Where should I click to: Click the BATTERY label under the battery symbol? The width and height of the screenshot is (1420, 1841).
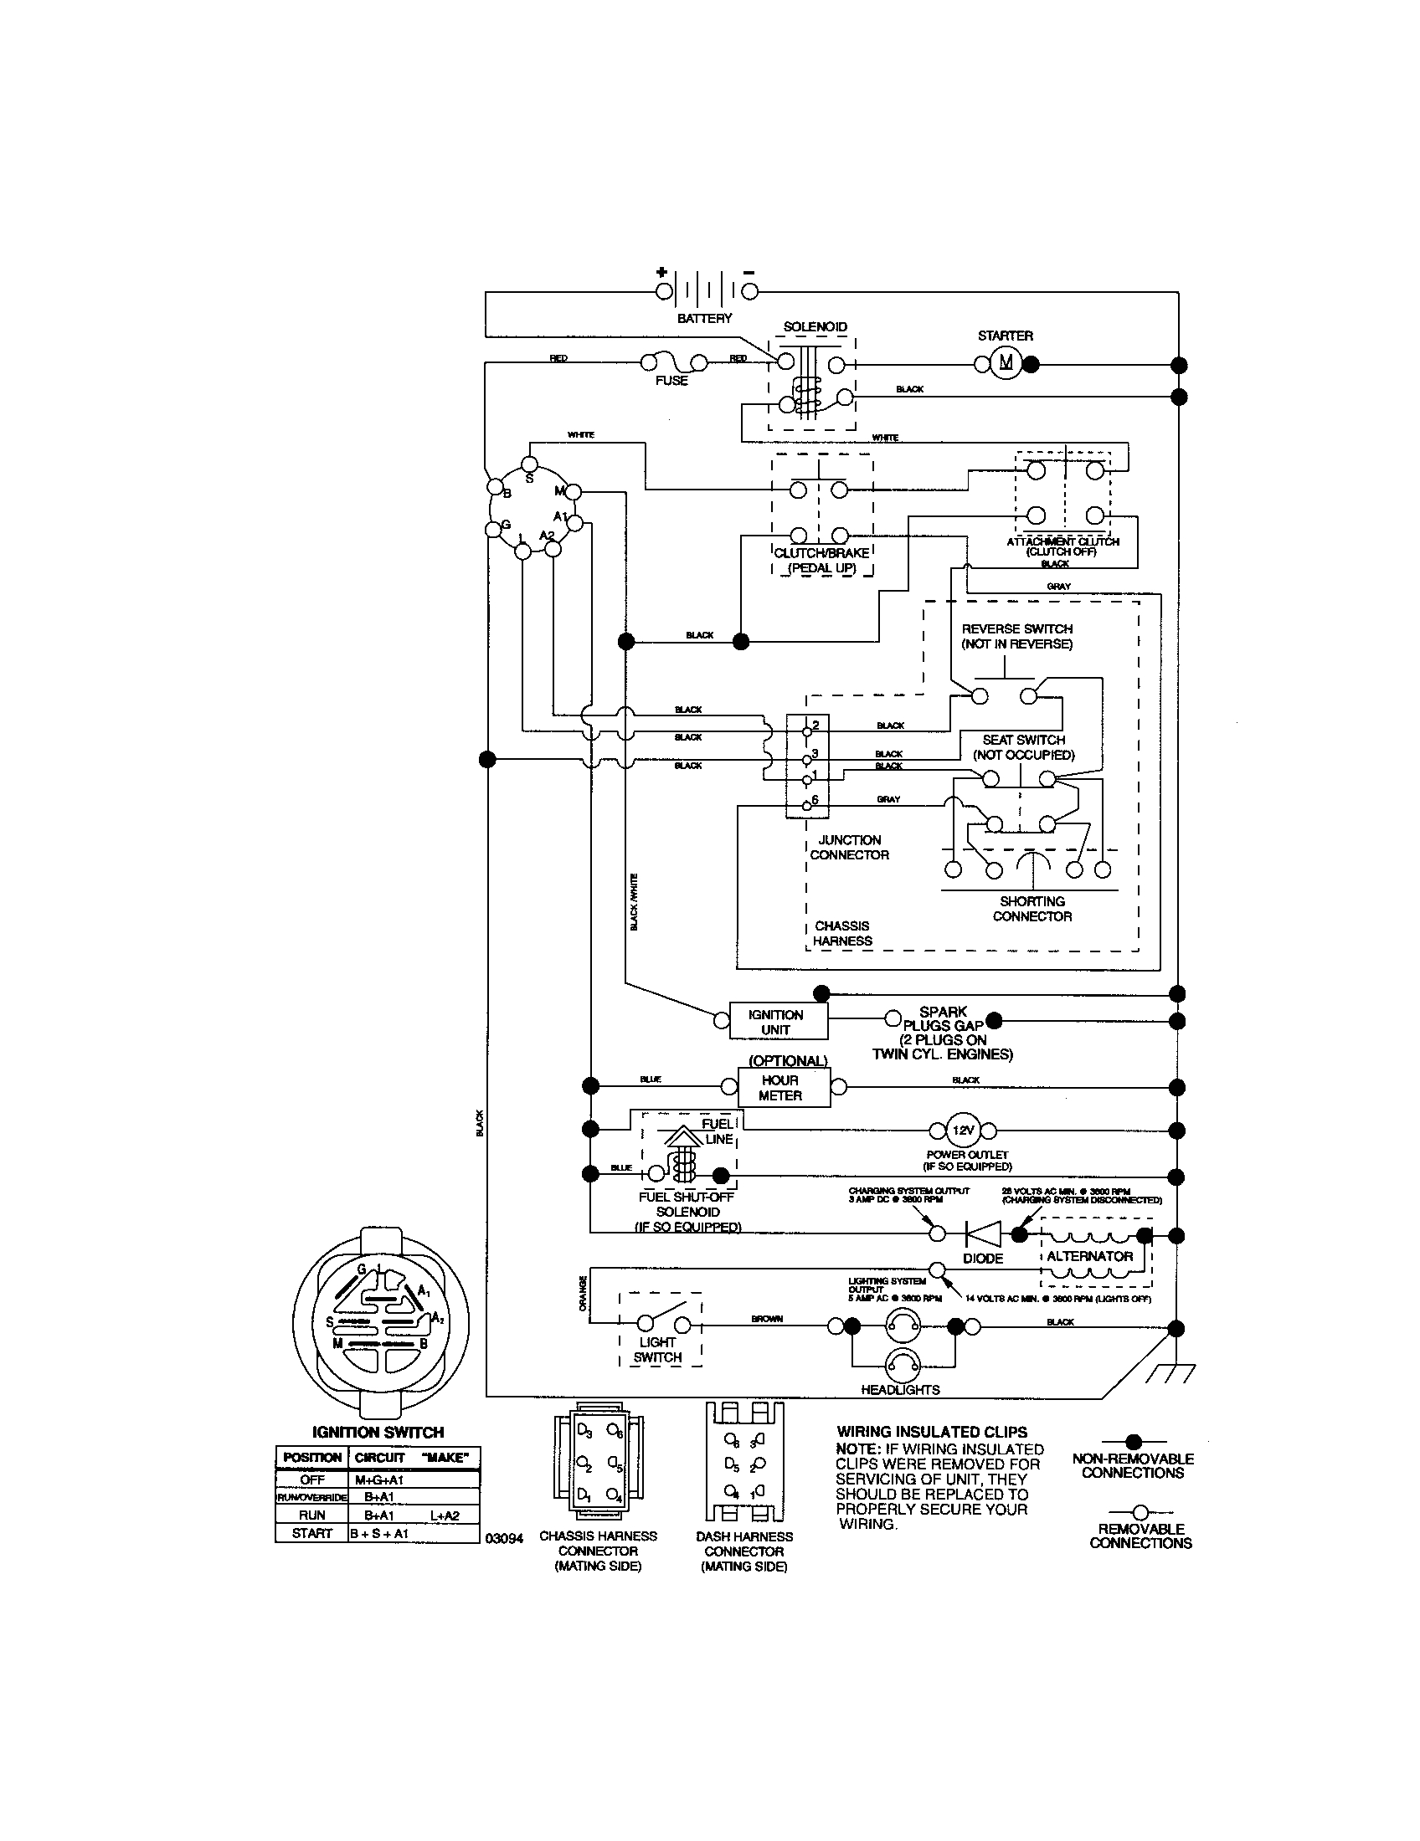(x=704, y=319)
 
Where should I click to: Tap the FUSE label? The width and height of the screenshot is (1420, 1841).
(x=671, y=381)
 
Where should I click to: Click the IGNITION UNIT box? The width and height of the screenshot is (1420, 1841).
(x=776, y=1022)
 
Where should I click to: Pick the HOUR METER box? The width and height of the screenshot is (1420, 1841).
(x=780, y=1087)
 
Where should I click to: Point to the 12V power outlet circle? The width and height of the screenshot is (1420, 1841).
(x=963, y=1131)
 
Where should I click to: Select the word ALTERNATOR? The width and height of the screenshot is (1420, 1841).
(x=1089, y=1256)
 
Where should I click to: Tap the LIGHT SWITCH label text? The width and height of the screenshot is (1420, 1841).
(x=657, y=1350)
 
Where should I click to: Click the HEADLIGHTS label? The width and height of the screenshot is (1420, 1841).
(x=900, y=1389)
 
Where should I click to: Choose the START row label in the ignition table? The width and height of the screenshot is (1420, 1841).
(x=312, y=1533)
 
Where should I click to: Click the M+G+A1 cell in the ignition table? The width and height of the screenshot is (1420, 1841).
(x=379, y=1479)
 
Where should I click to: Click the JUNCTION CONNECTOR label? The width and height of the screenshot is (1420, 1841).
(x=849, y=847)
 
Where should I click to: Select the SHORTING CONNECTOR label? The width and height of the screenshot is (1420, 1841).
(x=1032, y=909)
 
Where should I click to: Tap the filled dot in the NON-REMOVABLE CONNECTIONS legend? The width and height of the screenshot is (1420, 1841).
(x=1134, y=1442)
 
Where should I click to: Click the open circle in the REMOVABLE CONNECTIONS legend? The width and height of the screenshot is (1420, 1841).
(x=1140, y=1511)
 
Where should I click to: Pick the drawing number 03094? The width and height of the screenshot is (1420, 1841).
(x=504, y=1538)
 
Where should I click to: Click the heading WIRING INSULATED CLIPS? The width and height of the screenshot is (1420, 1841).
(x=931, y=1431)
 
